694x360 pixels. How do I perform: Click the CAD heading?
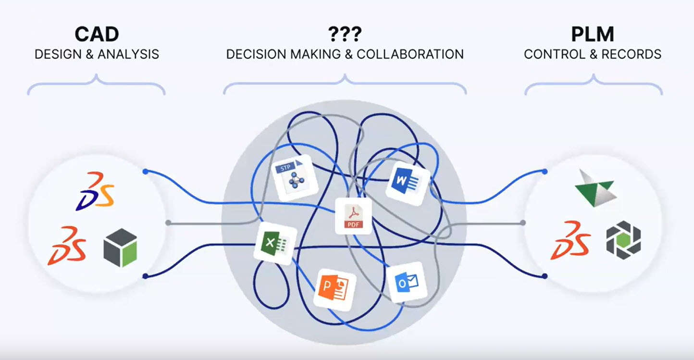pyautogui.click(x=97, y=35)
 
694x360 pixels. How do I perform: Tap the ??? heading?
pyautogui.click(x=345, y=35)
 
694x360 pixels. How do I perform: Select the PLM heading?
pyautogui.click(x=593, y=35)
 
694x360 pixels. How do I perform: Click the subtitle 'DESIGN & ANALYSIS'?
pyautogui.click(x=97, y=54)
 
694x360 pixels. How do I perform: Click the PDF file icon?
pyautogui.click(x=353, y=216)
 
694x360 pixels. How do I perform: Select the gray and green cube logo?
pyautogui.click(x=120, y=248)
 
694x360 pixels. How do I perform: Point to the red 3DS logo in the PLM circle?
pyautogui.click(x=570, y=240)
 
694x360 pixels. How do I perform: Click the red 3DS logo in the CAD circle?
pyautogui.click(x=67, y=246)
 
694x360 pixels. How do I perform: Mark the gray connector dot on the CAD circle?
pyautogui.click(x=168, y=223)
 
